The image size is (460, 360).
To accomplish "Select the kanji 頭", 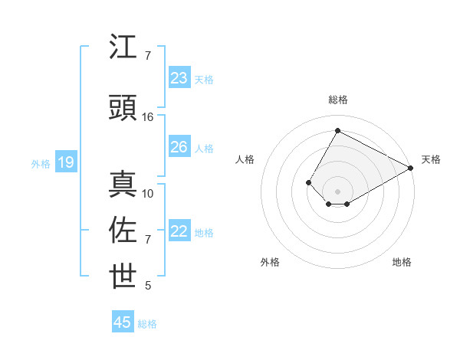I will click(123, 108).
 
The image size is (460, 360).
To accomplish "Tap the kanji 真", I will click(123, 185).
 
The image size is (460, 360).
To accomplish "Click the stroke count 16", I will click(148, 117).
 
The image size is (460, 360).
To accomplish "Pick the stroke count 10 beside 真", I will click(148, 194).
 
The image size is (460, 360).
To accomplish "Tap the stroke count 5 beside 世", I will click(148, 286).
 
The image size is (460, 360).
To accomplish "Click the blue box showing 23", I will click(179, 78).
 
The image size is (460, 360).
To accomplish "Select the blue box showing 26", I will click(179, 147).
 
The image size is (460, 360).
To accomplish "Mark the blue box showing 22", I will click(179, 231).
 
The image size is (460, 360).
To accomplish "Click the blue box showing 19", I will click(65, 162).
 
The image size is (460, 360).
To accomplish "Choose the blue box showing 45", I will click(123, 322).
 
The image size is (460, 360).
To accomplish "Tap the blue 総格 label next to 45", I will click(147, 324).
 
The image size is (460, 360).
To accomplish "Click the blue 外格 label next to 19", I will click(41, 163).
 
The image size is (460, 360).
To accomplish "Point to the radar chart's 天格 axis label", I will click(431, 159).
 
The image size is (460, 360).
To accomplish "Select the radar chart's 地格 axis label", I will click(402, 262).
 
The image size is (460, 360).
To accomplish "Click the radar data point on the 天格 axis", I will click(411, 168).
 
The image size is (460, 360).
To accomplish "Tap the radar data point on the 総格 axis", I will click(337, 130).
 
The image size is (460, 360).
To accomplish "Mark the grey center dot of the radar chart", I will click(337, 191).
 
